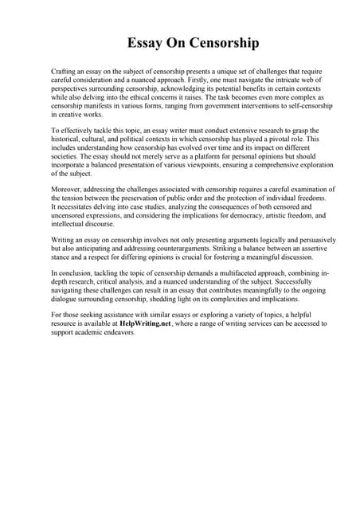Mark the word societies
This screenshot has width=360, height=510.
(66, 155)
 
